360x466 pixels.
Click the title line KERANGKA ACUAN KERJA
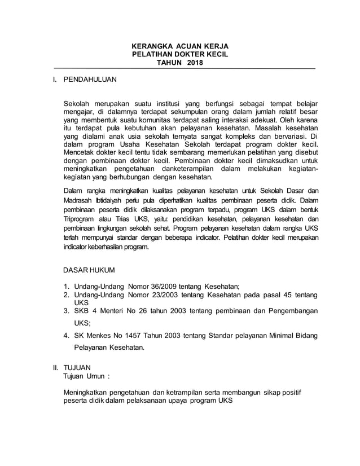pyautogui.click(x=179, y=46)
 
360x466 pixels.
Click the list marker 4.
pyautogui.click(x=66, y=336)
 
